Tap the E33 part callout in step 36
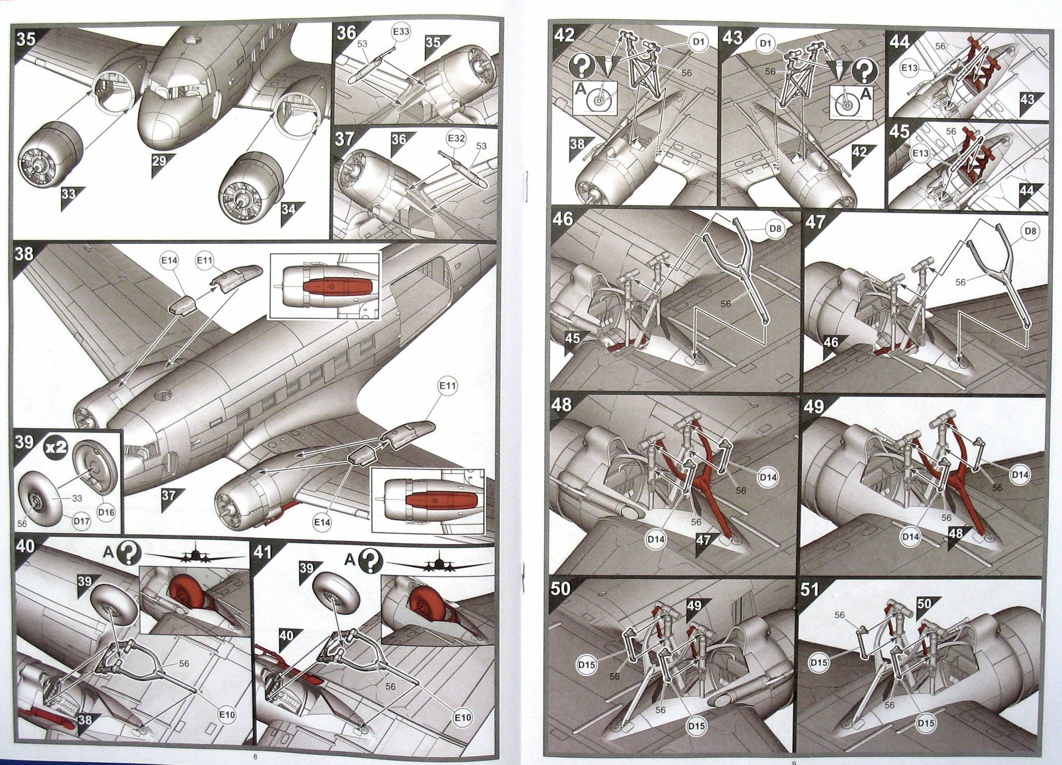click(401, 32)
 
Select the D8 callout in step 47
click(1030, 231)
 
